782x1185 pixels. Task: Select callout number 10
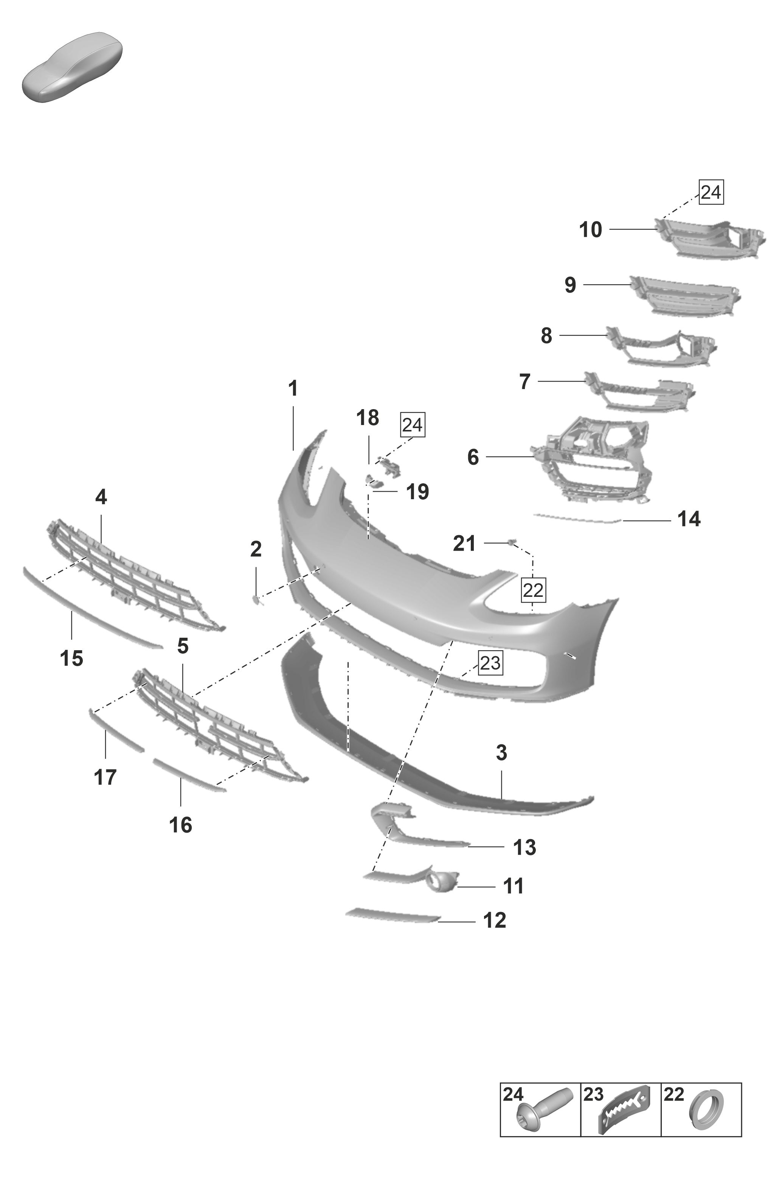[x=591, y=230]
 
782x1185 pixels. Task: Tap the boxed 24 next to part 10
[x=711, y=192]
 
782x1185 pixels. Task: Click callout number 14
[x=689, y=519]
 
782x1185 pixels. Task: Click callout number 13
[x=524, y=847]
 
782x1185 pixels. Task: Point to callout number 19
[x=417, y=492]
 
